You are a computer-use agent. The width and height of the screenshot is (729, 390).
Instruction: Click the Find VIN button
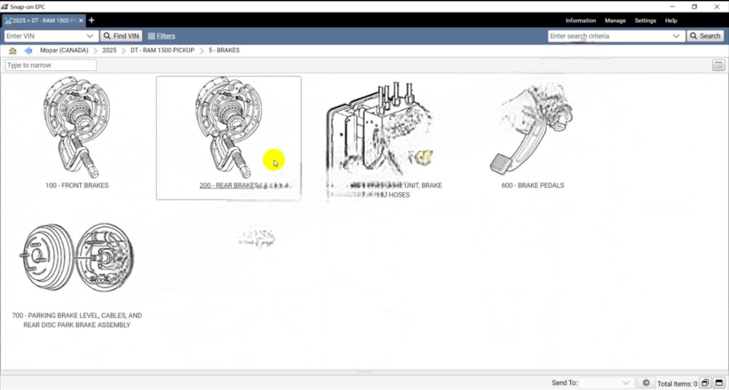click(x=122, y=36)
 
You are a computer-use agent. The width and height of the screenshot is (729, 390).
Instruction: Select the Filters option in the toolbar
click(x=162, y=36)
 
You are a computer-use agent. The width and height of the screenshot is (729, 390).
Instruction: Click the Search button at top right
click(x=705, y=36)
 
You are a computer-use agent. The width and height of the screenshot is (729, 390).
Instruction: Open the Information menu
click(x=580, y=21)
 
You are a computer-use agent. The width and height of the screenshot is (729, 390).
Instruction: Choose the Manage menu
click(x=615, y=21)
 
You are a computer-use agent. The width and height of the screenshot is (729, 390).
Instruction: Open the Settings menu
click(x=645, y=21)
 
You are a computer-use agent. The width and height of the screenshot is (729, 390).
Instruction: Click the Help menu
click(x=671, y=21)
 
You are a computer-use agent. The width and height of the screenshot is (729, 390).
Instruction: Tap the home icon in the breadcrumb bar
click(x=13, y=51)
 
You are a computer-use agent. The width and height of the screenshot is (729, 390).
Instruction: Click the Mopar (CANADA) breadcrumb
click(x=64, y=51)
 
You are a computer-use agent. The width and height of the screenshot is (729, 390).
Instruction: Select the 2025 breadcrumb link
click(x=109, y=51)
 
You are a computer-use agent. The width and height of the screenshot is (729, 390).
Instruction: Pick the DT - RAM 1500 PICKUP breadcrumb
click(x=162, y=51)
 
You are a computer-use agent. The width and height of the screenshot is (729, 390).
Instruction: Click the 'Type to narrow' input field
click(x=51, y=65)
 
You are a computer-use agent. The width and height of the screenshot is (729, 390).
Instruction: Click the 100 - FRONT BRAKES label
click(x=77, y=186)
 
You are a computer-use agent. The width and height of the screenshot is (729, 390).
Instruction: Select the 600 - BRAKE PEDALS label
click(x=533, y=186)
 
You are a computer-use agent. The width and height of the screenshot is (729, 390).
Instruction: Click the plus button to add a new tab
click(x=91, y=20)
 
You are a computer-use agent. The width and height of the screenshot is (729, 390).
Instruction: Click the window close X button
click(x=717, y=6)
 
